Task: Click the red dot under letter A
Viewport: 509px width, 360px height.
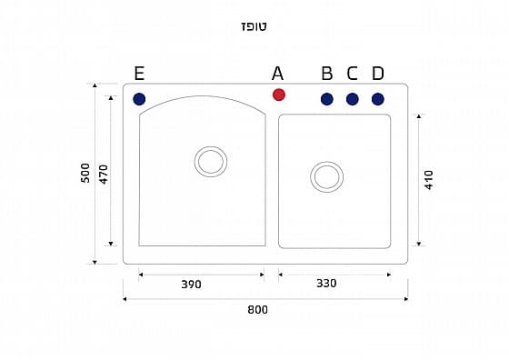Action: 278,95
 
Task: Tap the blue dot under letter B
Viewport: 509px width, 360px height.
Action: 327,99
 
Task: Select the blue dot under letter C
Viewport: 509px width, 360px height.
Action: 353,99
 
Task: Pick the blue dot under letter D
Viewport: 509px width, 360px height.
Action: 378,99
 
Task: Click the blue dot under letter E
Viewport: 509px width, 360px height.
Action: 139,99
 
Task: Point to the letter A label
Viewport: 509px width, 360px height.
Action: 277,74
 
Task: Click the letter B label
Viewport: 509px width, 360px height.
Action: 327,74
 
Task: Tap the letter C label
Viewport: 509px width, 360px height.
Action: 353,74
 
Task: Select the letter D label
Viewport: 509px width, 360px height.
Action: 378,74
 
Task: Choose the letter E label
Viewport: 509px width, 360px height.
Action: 139,74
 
